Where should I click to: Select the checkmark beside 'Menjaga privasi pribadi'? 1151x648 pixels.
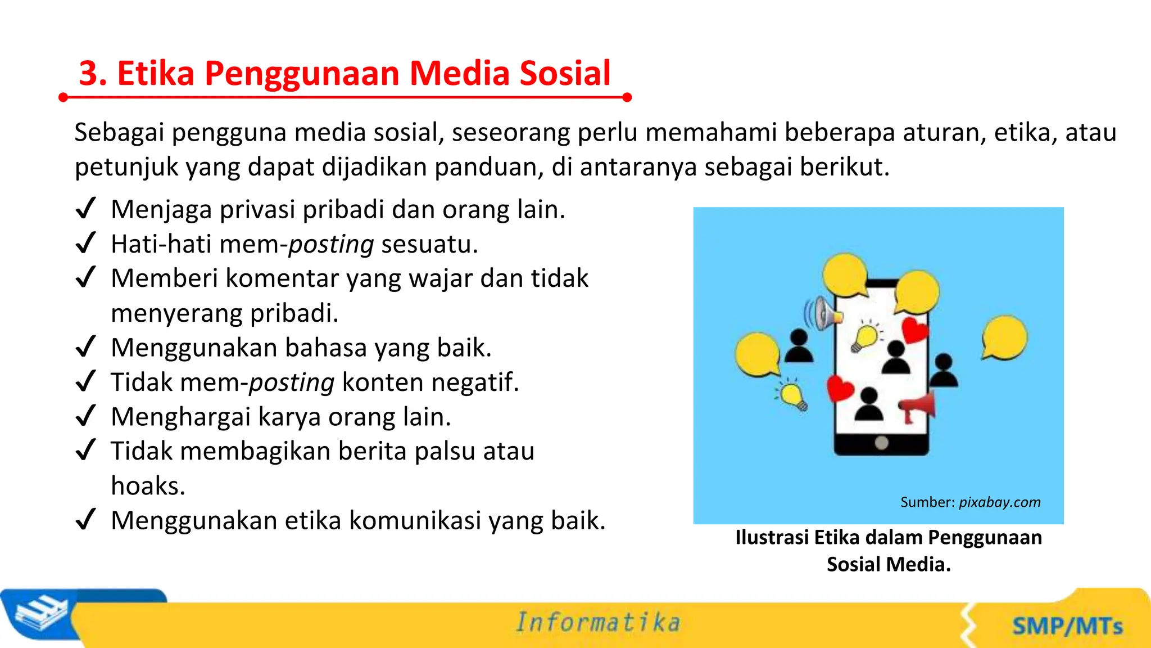coord(86,209)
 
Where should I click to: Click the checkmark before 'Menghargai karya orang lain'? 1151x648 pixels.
coord(86,416)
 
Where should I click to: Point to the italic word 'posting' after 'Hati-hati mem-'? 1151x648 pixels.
coord(331,245)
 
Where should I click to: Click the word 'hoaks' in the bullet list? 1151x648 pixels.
coord(147,485)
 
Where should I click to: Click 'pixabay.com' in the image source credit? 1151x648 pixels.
coord(999,502)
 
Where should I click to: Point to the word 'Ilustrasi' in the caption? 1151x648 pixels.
coord(772,538)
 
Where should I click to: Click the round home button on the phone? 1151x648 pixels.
coord(881,443)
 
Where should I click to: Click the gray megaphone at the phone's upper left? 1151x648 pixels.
coord(823,313)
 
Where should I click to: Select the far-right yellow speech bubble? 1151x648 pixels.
coord(1004,337)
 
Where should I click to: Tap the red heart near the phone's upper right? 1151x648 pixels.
coord(914,330)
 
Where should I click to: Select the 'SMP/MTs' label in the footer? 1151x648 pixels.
coord(1067,626)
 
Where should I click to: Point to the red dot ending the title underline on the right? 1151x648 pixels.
coord(627,97)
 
